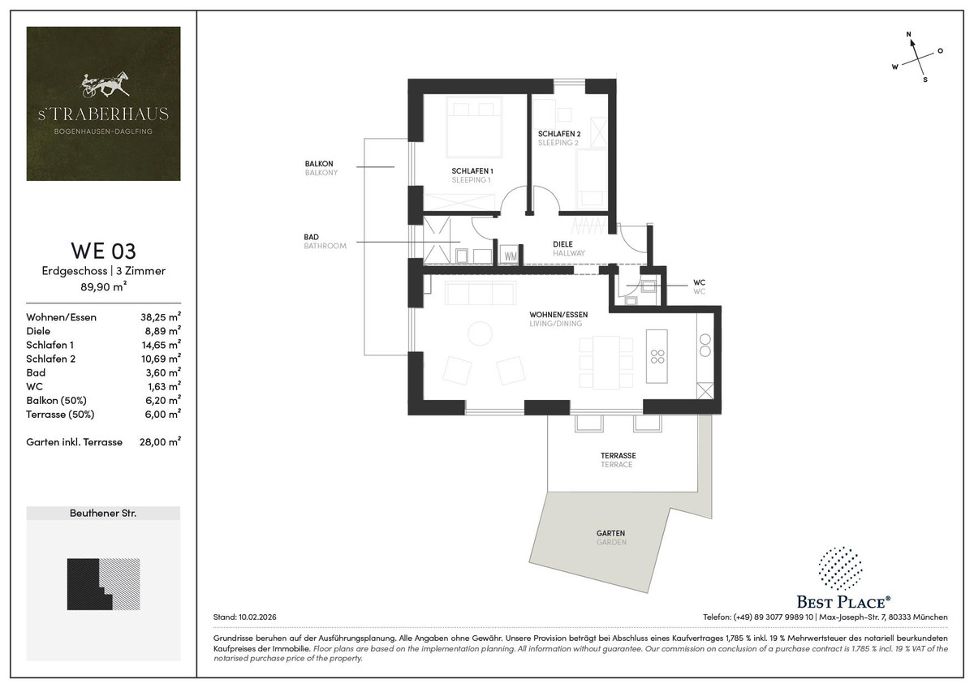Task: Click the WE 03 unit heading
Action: pos(104,251)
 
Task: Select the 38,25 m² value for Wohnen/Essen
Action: pos(161,316)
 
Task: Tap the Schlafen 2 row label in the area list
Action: pos(50,359)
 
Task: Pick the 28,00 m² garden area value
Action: pos(160,441)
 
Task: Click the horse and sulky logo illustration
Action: pos(106,84)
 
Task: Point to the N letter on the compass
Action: pos(908,34)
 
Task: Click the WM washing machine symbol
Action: pos(511,256)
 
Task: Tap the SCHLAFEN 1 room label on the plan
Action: pos(472,171)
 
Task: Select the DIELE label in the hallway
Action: pos(562,244)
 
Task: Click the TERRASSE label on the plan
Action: pos(618,455)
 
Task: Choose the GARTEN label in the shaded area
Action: pos(610,533)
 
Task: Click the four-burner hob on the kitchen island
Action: pos(657,356)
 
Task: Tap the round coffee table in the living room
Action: pos(480,333)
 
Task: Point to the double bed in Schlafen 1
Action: pos(474,127)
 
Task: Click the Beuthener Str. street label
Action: pos(103,514)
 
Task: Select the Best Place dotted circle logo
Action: pos(841,569)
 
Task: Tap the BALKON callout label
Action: pos(319,163)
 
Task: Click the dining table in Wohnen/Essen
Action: pos(606,363)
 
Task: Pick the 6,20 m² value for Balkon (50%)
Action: pos(162,400)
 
